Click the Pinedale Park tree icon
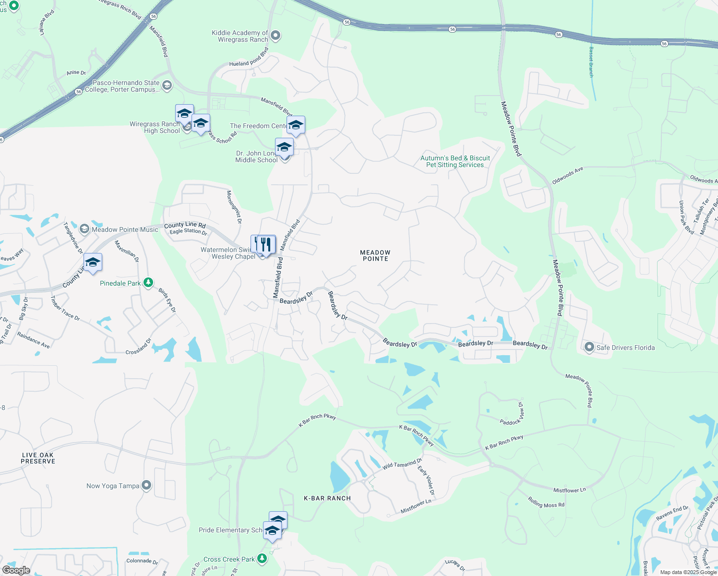coord(148,282)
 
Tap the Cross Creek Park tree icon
coord(262,559)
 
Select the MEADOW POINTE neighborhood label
coord(375,255)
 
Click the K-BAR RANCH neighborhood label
coord(327,498)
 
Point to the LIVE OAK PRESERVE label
coord(38,458)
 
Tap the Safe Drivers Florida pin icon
coord(589,347)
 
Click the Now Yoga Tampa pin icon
coord(146,485)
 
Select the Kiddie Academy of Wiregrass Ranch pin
coord(275,36)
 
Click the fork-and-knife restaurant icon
coord(265,244)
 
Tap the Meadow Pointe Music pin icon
coord(84,229)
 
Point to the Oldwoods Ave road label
coord(567,176)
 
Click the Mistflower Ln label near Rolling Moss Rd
coord(570,490)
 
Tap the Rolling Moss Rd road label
coord(546,502)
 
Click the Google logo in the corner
coord(16,570)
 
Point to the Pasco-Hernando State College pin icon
coord(167,86)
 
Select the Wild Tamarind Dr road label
coord(402,464)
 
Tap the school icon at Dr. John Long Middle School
coord(284,147)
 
